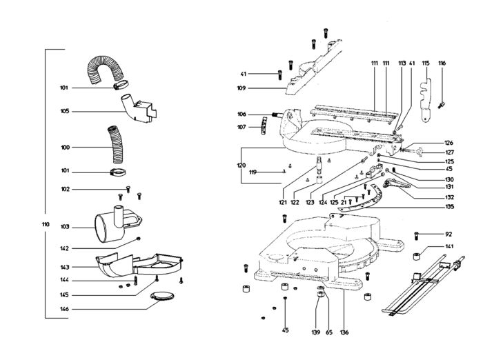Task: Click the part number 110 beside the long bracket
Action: (46, 225)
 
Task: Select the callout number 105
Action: (65, 111)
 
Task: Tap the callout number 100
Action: (65, 147)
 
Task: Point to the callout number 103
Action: (65, 226)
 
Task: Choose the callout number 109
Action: (241, 88)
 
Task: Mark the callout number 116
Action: (442, 63)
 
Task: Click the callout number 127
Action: (449, 152)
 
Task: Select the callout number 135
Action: (449, 206)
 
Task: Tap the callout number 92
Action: (448, 234)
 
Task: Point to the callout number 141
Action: (448, 247)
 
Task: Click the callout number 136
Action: (344, 332)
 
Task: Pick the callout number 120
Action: (241, 166)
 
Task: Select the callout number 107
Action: (241, 127)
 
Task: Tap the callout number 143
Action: (65, 267)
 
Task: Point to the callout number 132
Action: (449, 197)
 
